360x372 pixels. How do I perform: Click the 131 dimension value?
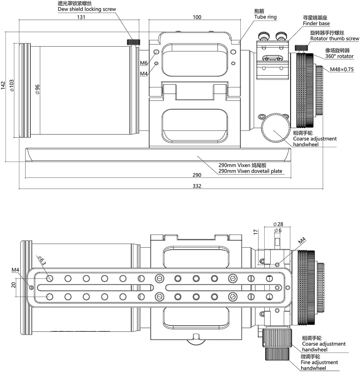(x=81, y=17)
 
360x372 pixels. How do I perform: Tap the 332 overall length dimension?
(x=197, y=186)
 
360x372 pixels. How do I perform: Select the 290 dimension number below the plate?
(x=197, y=175)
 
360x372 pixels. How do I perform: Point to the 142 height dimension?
(x=3, y=85)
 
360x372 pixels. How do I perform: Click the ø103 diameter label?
(x=12, y=86)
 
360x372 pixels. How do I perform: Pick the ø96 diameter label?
(x=37, y=89)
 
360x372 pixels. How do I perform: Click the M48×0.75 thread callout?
(x=342, y=69)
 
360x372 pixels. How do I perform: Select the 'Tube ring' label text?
(x=265, y=17)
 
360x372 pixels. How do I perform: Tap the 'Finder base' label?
(x=316, y=23)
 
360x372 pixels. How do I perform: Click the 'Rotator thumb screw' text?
(x=335, y=38)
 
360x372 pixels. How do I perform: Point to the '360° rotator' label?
(x=340, y=56)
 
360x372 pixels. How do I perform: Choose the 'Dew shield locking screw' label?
(x=87, y=9)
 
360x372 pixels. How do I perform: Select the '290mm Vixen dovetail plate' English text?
(x=250, y=171)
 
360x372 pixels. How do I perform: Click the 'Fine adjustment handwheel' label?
(x=319, y=365)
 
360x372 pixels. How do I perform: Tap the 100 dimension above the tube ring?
(x=197, y=17)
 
